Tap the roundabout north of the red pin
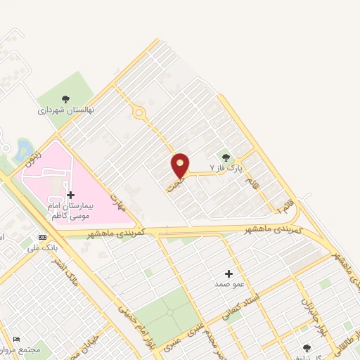[x=139, y=112]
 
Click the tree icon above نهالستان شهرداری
[x=66, y=99]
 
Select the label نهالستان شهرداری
[x=66, y=110]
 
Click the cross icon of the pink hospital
[x=70, y=195]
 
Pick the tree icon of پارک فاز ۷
[x=226, y=157]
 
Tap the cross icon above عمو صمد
[x=229, y=274]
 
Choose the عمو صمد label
[x=229, y=285]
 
